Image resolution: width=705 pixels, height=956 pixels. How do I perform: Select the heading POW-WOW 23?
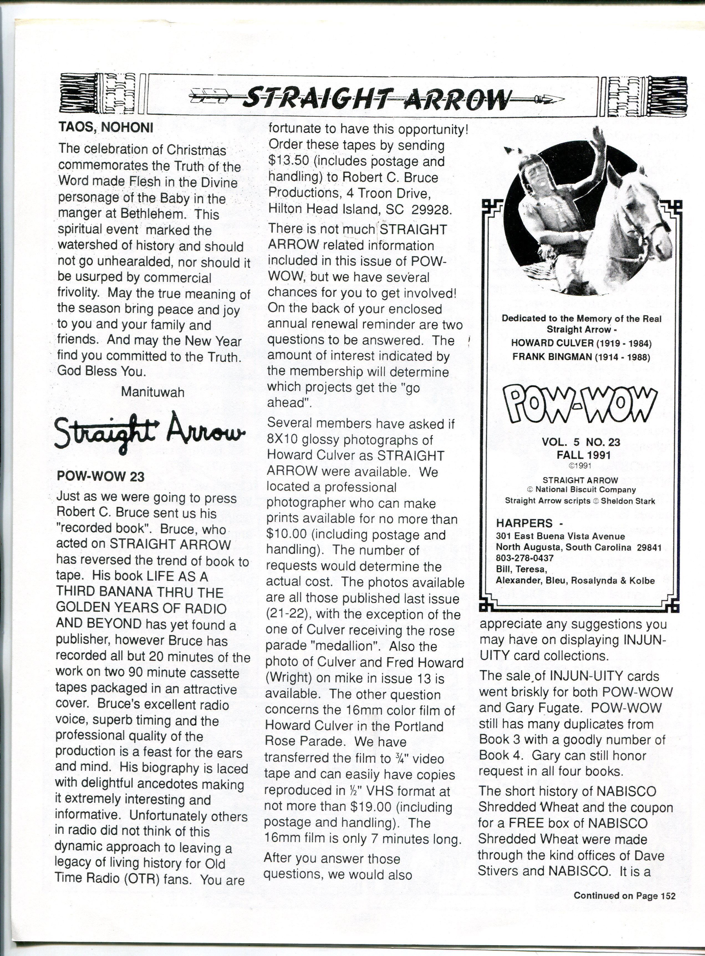100,476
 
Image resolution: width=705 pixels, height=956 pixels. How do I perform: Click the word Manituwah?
153,392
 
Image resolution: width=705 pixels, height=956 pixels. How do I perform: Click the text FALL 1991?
581,455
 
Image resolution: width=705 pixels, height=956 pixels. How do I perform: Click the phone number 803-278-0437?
525,558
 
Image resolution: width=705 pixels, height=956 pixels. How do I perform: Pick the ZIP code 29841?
649,547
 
